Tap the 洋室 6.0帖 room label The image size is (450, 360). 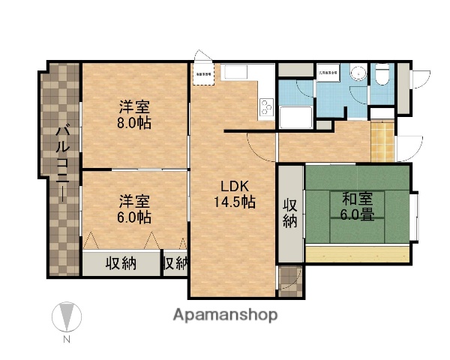134,209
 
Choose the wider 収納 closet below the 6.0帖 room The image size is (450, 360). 120,263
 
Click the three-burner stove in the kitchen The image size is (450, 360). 267,107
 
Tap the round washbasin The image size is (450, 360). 358,73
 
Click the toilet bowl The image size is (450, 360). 382,75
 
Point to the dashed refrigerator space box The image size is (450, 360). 204,73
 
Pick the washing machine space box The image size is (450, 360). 328,73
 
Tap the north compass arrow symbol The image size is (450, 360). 67,316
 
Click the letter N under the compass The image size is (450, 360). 67,340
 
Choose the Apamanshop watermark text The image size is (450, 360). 225,315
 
